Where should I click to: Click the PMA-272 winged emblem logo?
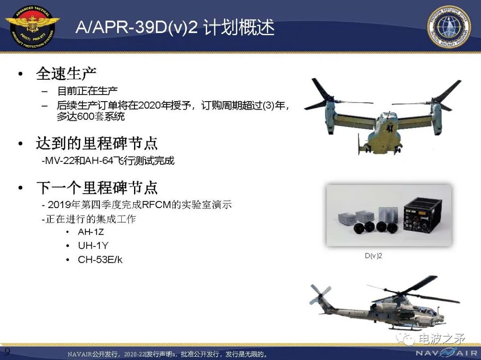click(x=33, y=28)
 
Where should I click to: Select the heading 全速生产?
click(x=66, y=74)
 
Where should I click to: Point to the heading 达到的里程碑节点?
click(x=97, y=143)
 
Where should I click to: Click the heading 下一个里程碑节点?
click(x=97, y=188)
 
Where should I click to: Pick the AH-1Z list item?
click(x=91, y=232)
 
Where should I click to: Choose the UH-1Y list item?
click(x=93, y=245)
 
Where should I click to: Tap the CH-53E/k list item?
click(x=100, y=260)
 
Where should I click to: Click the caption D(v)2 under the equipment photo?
click(x=373, y=256)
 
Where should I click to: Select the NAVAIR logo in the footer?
click(x=446, y=352)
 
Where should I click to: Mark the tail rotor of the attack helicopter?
click(x=320, y=294)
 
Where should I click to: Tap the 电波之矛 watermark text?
click(x=442, y=339)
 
